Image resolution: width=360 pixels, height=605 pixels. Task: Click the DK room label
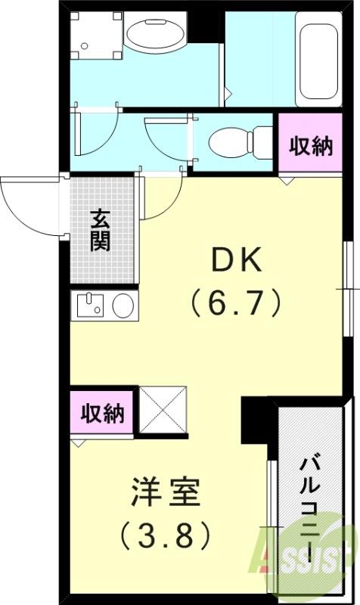click(236, 262)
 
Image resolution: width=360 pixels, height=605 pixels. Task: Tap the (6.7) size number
click(235, 303)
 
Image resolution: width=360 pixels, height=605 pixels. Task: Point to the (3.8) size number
click(166, 535)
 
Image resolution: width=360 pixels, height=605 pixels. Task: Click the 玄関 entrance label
click(101, 230)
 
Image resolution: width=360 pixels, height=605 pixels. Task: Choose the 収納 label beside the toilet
click(312, 147)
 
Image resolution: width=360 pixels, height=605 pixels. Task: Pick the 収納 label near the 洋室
click(103, 414)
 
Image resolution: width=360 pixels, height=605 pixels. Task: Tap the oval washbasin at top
click(154, 33)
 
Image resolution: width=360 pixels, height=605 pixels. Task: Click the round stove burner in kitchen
click(122, 306)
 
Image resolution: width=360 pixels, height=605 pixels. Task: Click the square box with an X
click(163, 411)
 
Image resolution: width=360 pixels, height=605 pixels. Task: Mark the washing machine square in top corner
click(95, 35)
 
